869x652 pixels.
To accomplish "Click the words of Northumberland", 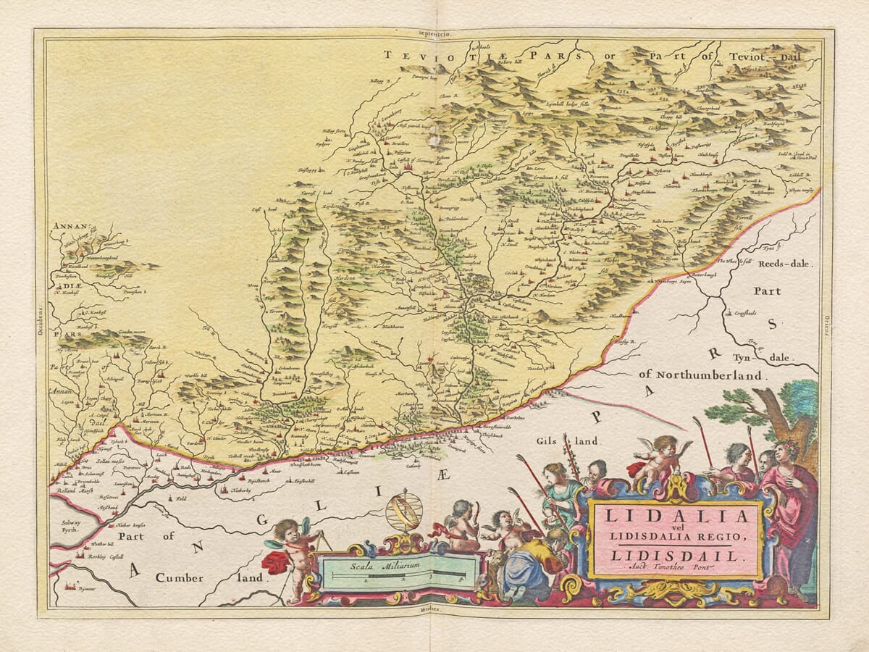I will pos(700,375).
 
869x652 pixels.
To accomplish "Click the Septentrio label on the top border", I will pos(434,33).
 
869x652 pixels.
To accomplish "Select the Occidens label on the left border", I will pos(41,318).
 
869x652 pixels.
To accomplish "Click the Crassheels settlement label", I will pos(744,314).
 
